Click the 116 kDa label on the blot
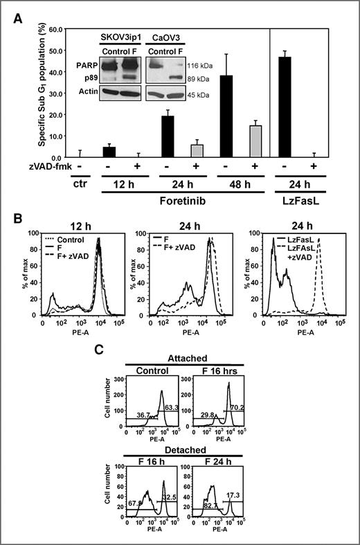(206, 63)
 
